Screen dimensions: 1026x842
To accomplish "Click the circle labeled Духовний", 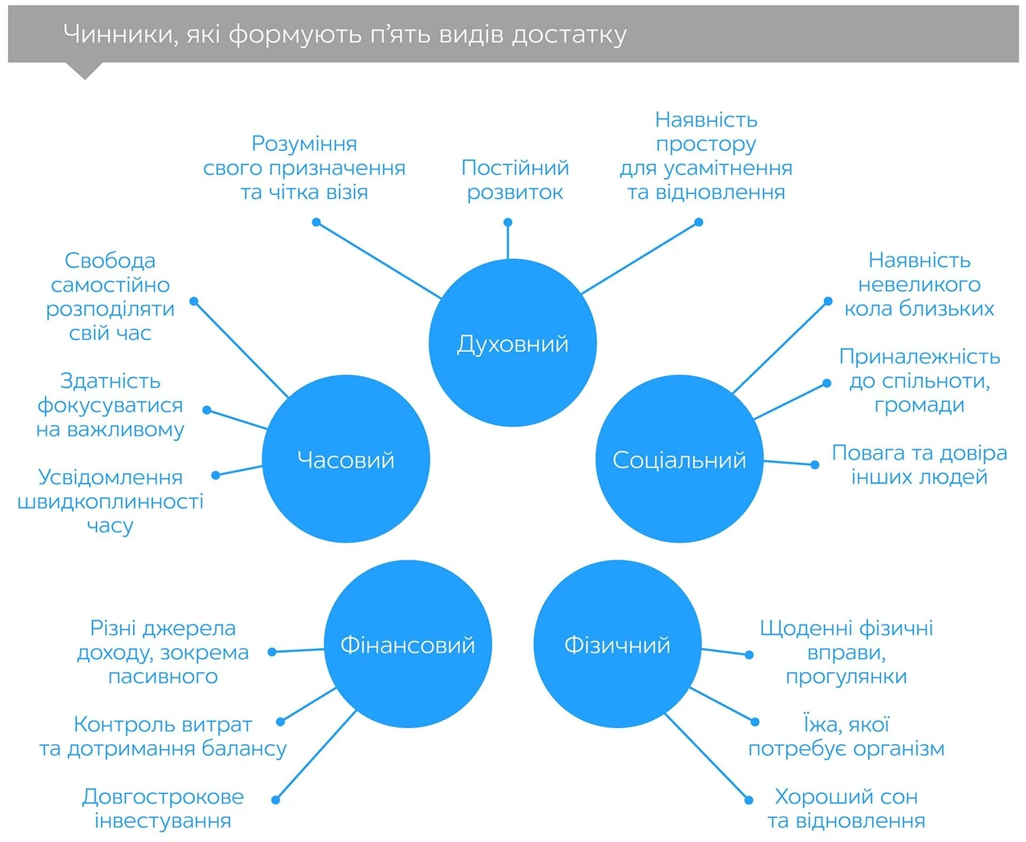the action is [512, 342].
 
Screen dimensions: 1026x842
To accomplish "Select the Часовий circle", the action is [345, 459].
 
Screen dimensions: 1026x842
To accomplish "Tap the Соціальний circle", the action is [680, 459].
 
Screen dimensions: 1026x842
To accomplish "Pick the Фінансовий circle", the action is [408, 644].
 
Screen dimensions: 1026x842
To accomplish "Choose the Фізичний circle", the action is [617, 644].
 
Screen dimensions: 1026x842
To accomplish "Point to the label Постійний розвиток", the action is [515, 180].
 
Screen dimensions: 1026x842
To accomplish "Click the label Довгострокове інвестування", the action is [163, 808].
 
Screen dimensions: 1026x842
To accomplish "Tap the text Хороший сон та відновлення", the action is [846, 808].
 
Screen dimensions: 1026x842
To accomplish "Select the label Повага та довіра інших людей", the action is [919, 464].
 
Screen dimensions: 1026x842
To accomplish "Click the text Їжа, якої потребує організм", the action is [846, 736].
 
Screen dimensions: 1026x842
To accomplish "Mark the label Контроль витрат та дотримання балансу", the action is [163, 736].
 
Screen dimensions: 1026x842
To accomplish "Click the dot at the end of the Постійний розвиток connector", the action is [508, 222].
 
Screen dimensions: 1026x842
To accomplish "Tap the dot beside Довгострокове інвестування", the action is [276, 799].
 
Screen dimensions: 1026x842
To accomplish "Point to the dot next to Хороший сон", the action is [749, 799].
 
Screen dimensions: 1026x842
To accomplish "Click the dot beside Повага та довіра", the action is [814, 465].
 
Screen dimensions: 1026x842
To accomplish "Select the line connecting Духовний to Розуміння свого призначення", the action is [378, 260].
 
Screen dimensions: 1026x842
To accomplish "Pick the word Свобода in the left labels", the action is [110, 261].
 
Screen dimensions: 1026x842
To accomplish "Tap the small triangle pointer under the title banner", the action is [85, 70].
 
